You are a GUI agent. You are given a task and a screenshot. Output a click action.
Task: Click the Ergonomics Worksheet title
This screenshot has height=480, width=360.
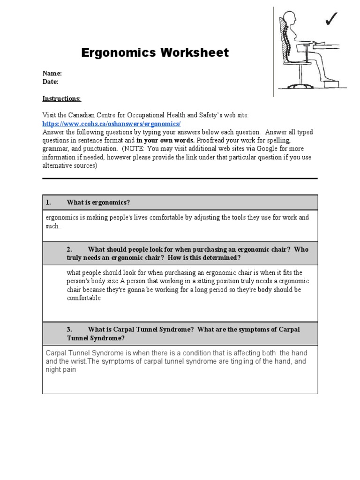pos(155,52)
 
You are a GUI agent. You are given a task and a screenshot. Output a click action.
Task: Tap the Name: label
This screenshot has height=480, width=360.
pos(52,73)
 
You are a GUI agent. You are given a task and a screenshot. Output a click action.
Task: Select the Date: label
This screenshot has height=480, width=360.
pos(51,82)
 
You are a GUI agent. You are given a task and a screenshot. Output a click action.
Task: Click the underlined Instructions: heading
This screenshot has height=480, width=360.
pos(61,98)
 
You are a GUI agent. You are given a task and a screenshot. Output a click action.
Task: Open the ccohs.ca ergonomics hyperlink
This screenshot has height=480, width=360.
pos(111,124)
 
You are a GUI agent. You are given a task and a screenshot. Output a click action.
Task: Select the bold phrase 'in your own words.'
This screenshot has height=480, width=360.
pos(165,141)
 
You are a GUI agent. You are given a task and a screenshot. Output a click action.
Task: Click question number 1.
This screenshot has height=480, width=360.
pos(48,202)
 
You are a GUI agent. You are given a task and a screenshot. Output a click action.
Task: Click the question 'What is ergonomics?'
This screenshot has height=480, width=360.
pos(98,202)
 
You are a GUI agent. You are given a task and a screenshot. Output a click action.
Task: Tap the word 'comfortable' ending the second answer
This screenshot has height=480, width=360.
pos(83,298)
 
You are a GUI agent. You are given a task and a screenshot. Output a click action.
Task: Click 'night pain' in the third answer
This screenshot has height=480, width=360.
pos(60,370)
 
